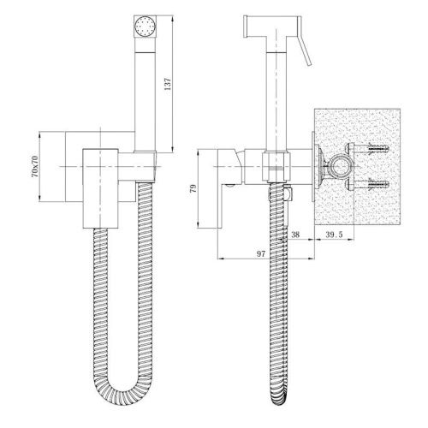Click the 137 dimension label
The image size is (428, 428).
coord(167,84)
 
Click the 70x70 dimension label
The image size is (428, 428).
coord(34,166)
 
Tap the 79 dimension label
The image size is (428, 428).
coord(193,188)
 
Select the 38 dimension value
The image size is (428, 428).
coord(295,235)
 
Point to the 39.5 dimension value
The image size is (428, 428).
coord(334,235)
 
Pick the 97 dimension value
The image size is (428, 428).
coord(261,253)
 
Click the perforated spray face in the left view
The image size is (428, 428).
coord(146,27)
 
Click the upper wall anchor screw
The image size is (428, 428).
coord(376,149)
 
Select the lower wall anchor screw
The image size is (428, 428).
coord(376,184)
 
